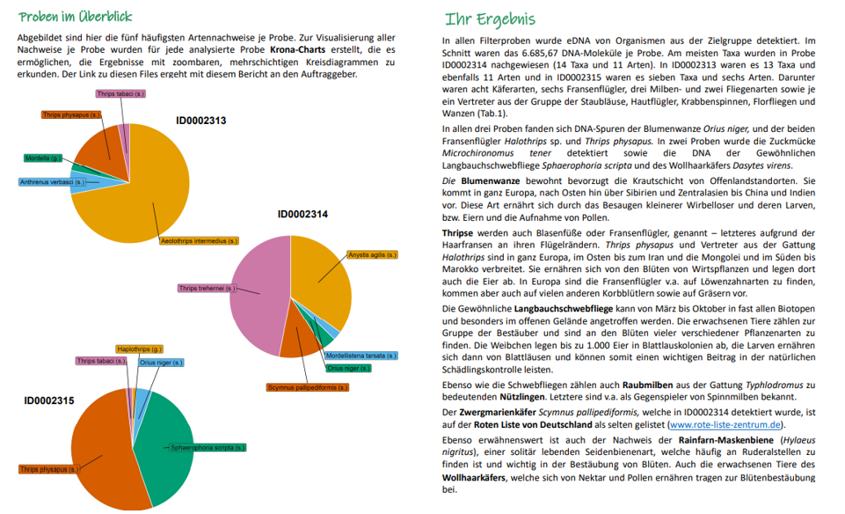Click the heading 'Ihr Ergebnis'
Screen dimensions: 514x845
coord(489,19)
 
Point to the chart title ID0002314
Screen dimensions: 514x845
coord(302,214)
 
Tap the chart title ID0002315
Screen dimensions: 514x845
coord(48,400)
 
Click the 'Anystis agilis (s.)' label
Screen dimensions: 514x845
coord(373,254)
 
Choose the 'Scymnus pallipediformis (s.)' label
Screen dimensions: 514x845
coord(308,387)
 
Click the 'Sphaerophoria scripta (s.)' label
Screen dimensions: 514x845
coord(207,448)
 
